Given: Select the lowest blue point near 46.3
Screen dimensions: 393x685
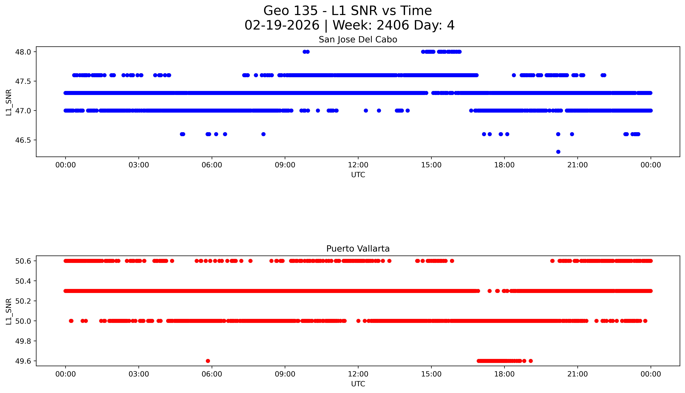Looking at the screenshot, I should pyautogui.click(x=558, y=152).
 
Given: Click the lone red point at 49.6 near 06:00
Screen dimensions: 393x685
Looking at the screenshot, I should pyautogui.click(x=208, y=361).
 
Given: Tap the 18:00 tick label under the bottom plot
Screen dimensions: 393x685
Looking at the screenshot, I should pyautogui.click(x=504, y=374).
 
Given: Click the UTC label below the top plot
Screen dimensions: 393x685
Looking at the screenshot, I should pyautogui.click(x=358, y=175).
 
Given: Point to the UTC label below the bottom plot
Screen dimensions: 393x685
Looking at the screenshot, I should pyautogui.click(x=358, y=384).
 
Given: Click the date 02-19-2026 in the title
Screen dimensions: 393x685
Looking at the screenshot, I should pyautogui.click(x=282, y=25).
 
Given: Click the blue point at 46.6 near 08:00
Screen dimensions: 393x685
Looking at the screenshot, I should pyautogui.click(x=264, y=134).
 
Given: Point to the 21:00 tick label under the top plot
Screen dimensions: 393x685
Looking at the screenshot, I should pyautogui.click(x=577, y=165).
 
